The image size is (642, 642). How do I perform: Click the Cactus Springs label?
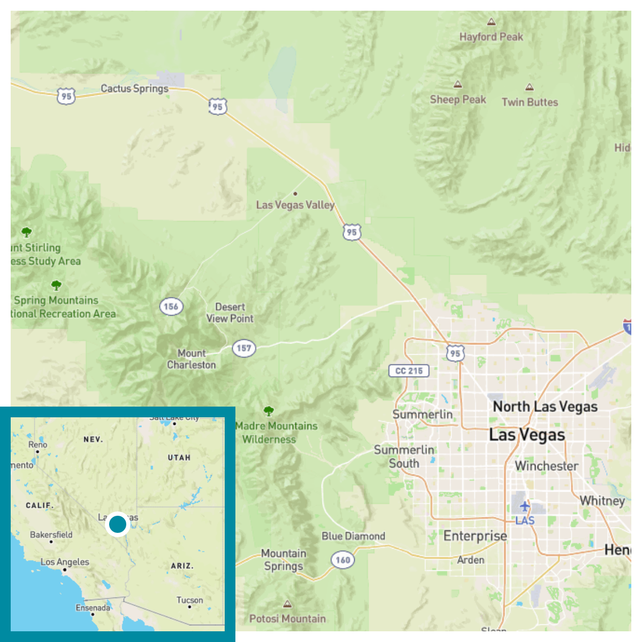pyautogui.click(x=134, y=89)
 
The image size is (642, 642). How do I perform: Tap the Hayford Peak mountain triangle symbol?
pyautogui.click(x=491, y=22)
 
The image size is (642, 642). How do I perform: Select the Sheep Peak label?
pyautogui.click(x=458, y=100)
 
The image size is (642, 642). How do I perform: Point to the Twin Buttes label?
pyautogui.click(x=530, y=102)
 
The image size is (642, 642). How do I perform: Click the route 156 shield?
pyautogui.click(x=171, y=307)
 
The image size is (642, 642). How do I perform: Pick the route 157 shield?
pyautogui.click(x=244, y=348)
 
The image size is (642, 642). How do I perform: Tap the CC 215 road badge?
pyautogui.click(x=409, y=371)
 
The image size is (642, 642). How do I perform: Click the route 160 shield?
pyautogui.click(x=343, y=560)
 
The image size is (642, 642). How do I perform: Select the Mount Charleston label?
pyautogui.click(x=191, y=359)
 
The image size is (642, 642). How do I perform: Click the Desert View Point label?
pyautogui.click(x=230, y=313)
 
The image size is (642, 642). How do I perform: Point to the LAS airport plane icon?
pyautogui.click(x=524, y=506)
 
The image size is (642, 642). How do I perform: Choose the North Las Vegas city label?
pyautogui.click(x=545, y=407)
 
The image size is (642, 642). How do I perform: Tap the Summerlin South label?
pyautogui.click(x=404, y=456)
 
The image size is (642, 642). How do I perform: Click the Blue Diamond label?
pyautogui.click(x=353, y=536)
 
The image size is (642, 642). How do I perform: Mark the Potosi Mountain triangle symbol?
pyautogui.click(x=288, y=605)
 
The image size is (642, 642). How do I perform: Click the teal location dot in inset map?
pyautogui.click(x=118, y=524)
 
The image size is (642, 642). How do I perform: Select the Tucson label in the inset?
pyautogui.click(x=190, y=600)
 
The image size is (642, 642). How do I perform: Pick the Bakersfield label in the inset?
pyautogui.click(x=51, y=534)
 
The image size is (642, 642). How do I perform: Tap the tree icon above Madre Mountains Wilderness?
pyautogui.click(x=269, y=411)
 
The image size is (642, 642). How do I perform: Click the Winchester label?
pyautogui.click(x=546, y=466)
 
